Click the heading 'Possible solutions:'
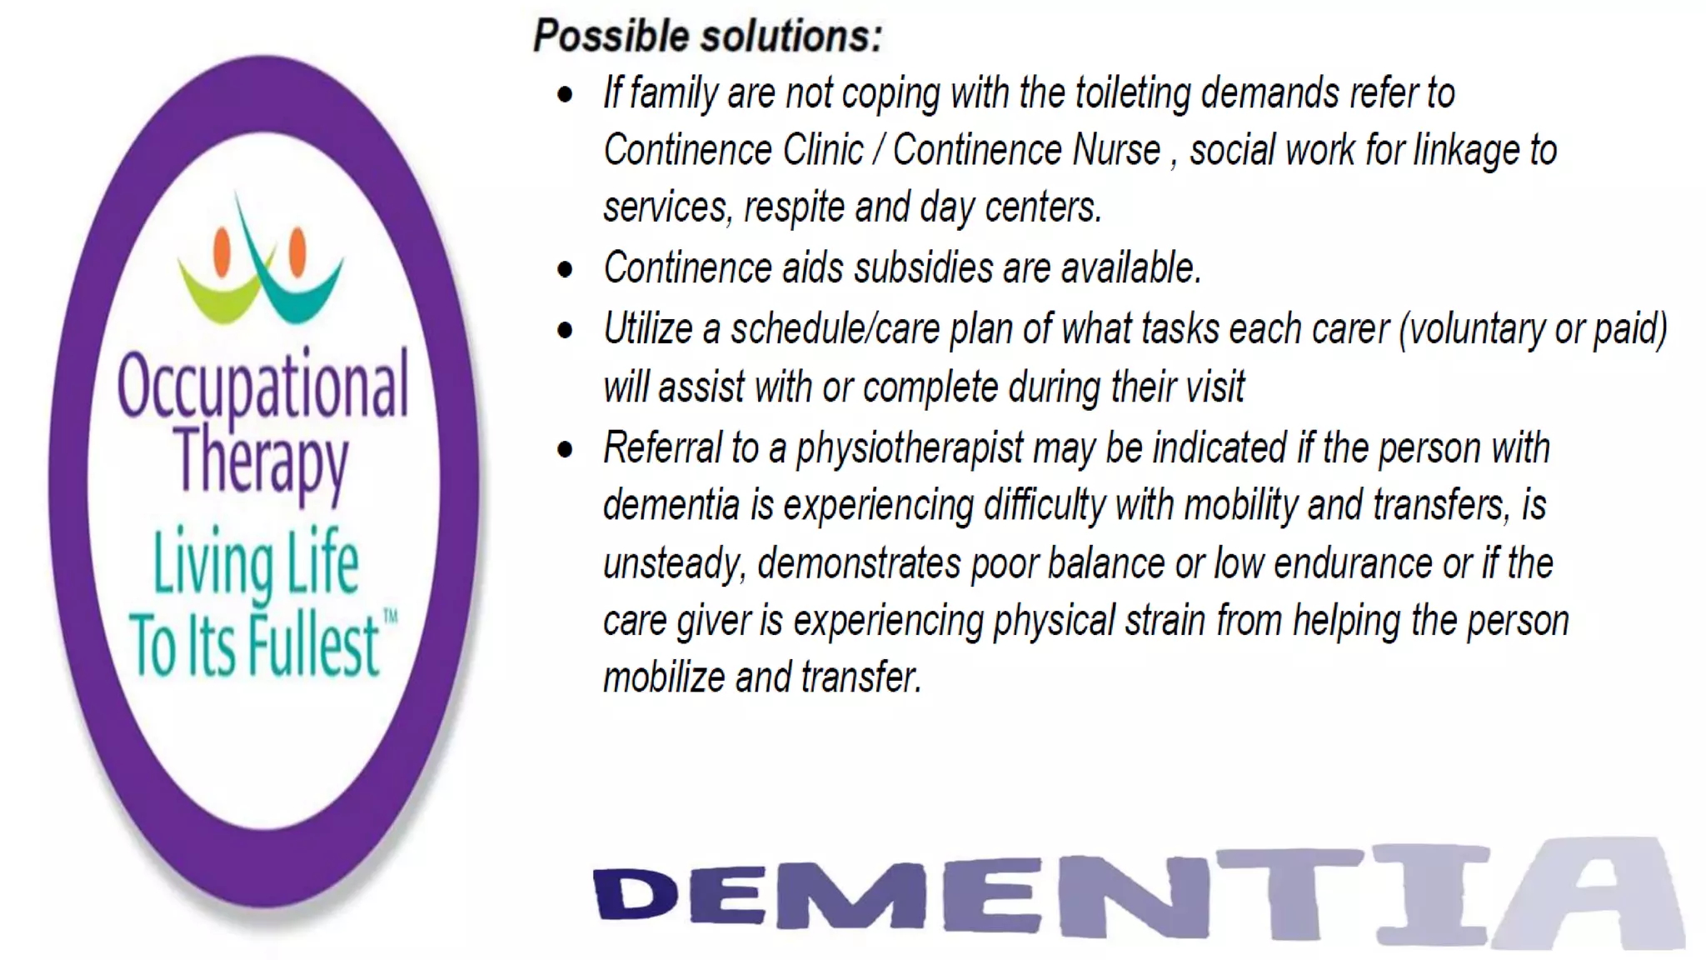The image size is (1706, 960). click(707, 37)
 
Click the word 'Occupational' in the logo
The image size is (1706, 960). click(262, 385)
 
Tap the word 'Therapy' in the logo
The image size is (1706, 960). click(261, 460)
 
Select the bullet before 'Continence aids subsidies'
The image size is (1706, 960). click(566, 270)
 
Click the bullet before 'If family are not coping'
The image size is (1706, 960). click(566, 95)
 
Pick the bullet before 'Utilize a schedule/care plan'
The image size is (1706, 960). click(566, 331)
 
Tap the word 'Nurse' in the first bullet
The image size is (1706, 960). click(1116, 151)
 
